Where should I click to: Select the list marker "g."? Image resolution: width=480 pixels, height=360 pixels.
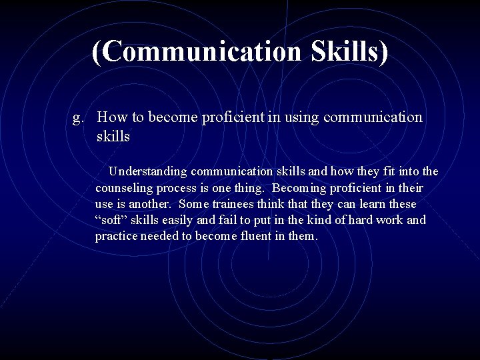click(x=79, y=118)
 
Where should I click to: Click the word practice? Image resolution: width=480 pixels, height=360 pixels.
click(x=116, y=236)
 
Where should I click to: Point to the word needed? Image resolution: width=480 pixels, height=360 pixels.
click(x=161, y=236)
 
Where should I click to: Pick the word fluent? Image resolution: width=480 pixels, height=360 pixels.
click(x=253, y=236)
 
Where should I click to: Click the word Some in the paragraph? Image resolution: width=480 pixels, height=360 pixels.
click(x=195, y=204)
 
